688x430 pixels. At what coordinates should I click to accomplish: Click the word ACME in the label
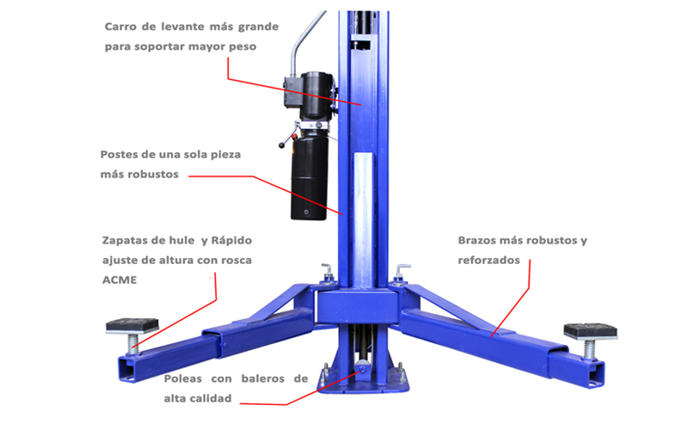coord(120,280)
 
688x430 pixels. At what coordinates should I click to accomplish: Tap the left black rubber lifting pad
coord(132,325)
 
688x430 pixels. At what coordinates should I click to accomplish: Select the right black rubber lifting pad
coord(590,330)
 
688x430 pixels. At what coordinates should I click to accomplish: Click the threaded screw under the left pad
coord(133,343)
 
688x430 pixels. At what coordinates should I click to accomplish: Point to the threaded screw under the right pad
coord(590,349)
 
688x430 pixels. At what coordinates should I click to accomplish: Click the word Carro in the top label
coord(120,27)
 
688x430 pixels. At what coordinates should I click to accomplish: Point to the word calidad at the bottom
coord(210,398)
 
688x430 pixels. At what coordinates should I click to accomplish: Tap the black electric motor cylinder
coord(316,95)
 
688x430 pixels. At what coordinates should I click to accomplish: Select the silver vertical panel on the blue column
coord(364,220)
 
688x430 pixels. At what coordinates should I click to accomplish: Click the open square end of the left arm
coord(128,370)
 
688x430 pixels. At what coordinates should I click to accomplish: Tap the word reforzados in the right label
coord(488,261)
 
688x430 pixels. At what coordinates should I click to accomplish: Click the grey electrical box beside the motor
coord(292,92)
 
